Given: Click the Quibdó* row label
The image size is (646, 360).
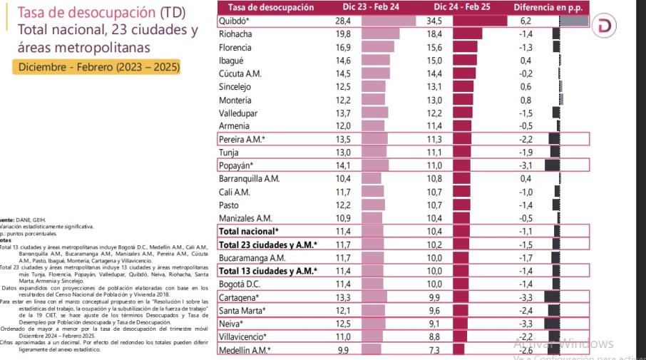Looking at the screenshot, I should pyautogui.click(x=236, y=21).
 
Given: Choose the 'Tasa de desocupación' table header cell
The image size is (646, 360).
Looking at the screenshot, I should pyautogui.click(x=266, y=7).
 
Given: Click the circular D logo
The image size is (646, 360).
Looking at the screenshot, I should pyautogui.click(x=605, y=26).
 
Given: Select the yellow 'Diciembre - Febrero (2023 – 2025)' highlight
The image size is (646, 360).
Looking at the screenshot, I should pyautogui.click(x=96, y=67).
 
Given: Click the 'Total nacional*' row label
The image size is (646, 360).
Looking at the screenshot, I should pyautogui.click(x=249, y=231).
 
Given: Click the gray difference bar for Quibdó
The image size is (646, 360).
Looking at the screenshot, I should pyautogui.click(x=574, y=21).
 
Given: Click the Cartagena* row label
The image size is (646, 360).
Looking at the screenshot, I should pyautogui.click(x=240, y=297).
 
